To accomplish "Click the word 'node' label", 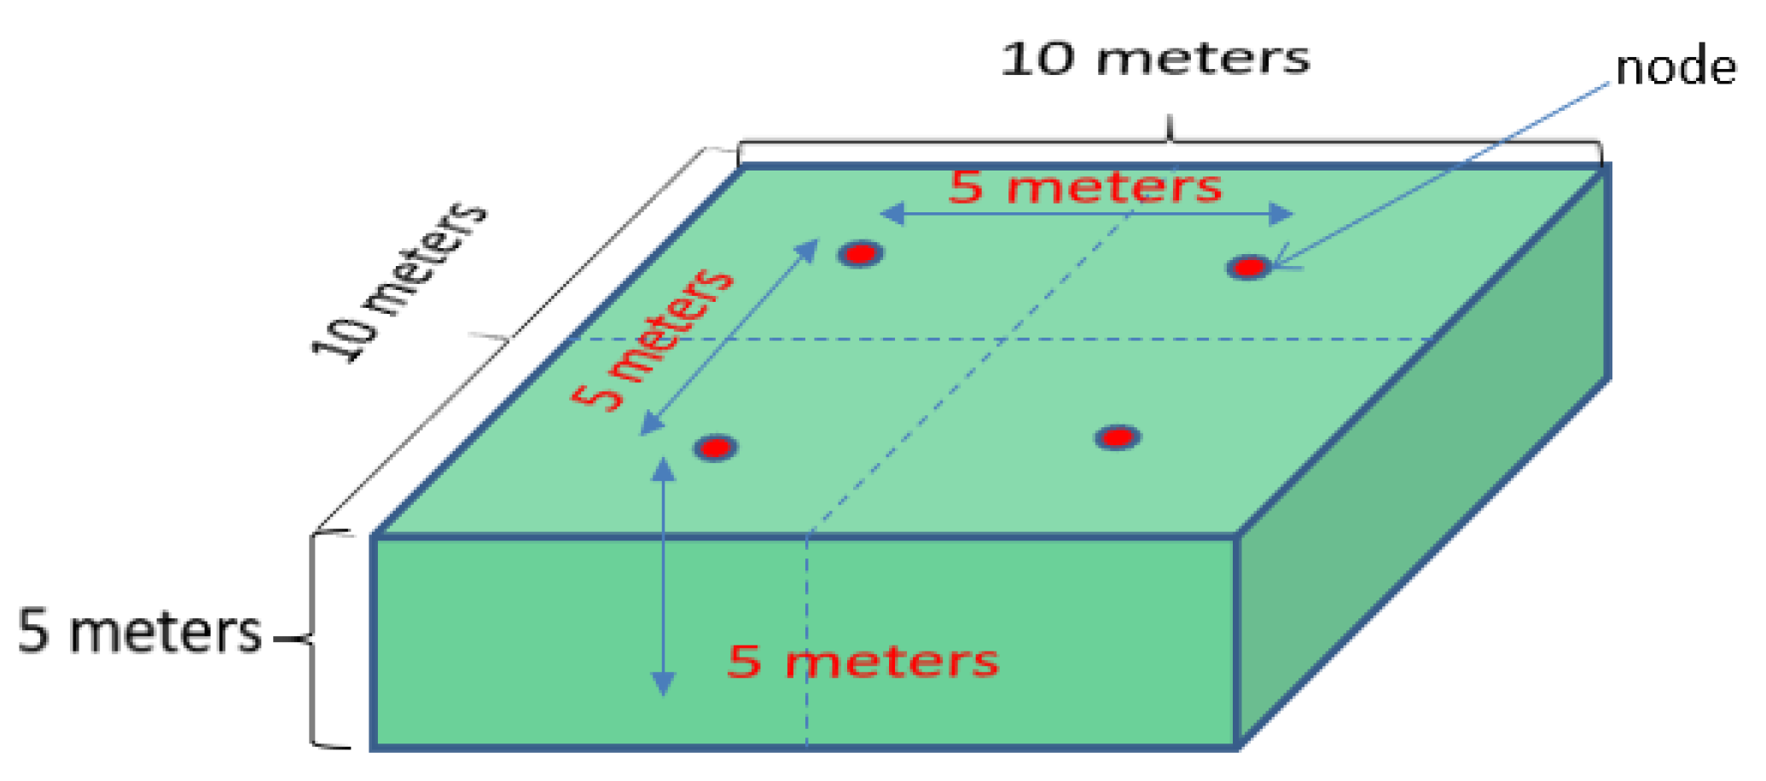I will pos(1676,68).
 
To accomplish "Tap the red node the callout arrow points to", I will pos(1249,268).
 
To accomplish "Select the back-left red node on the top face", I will pos(860,253).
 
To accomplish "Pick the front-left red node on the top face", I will pos(716,448).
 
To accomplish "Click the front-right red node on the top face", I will pos(1118,437).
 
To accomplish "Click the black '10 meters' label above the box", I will pos(1155,59).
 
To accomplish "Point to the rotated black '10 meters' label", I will pos(399,281).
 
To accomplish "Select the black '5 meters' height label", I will pos(140,633).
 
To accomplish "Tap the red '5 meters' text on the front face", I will pos(863,662).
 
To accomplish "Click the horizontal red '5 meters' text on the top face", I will pos(1085,187).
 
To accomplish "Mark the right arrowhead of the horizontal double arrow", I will pos(1281,213).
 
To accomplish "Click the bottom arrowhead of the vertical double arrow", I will pos(663,684).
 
